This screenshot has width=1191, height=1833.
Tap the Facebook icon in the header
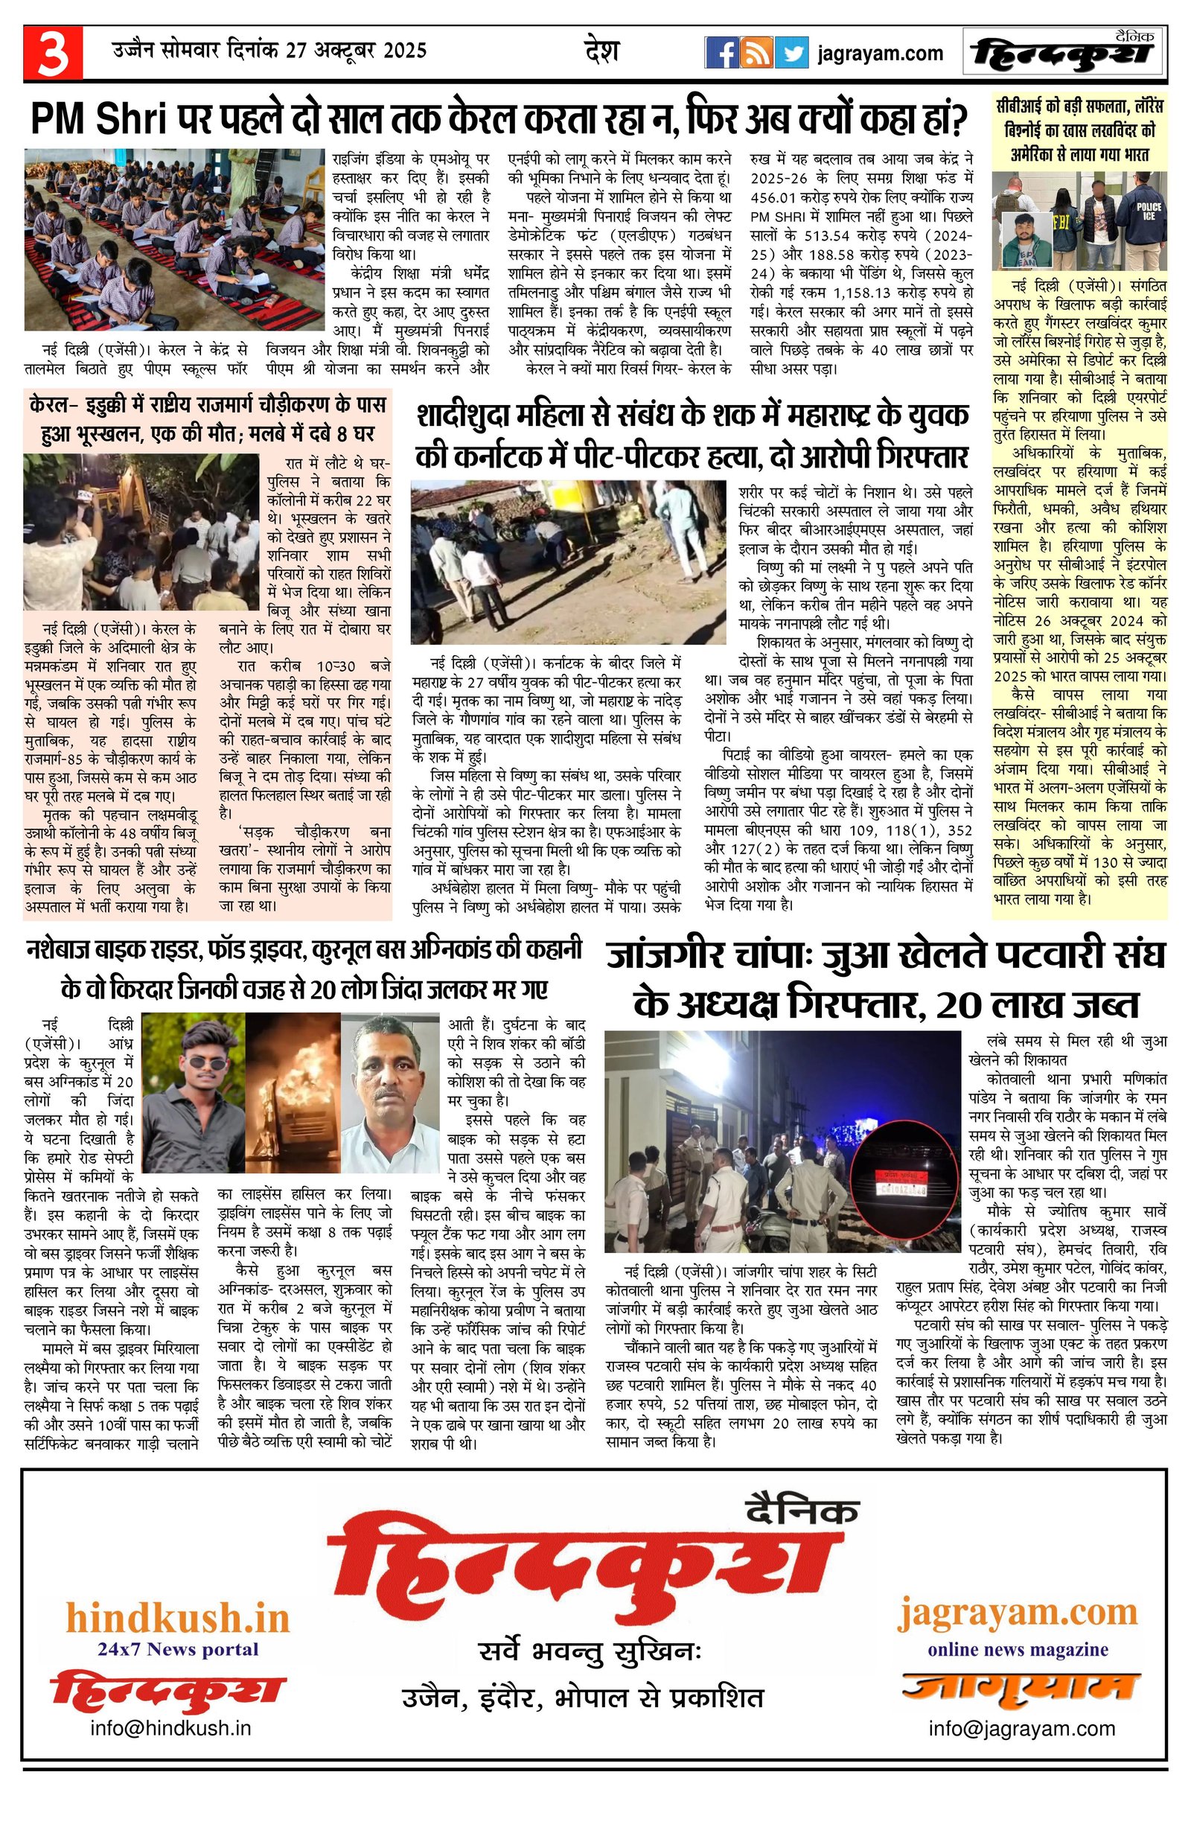coord(723,53)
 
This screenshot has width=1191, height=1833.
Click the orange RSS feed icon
coord(757,53)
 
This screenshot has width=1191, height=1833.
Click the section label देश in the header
coord(601,51)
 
